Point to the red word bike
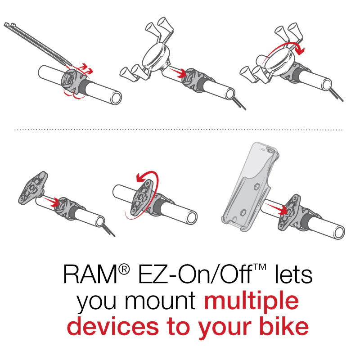coord(280,327)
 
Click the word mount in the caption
coord(166,302)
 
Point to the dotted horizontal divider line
coord(180,130)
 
